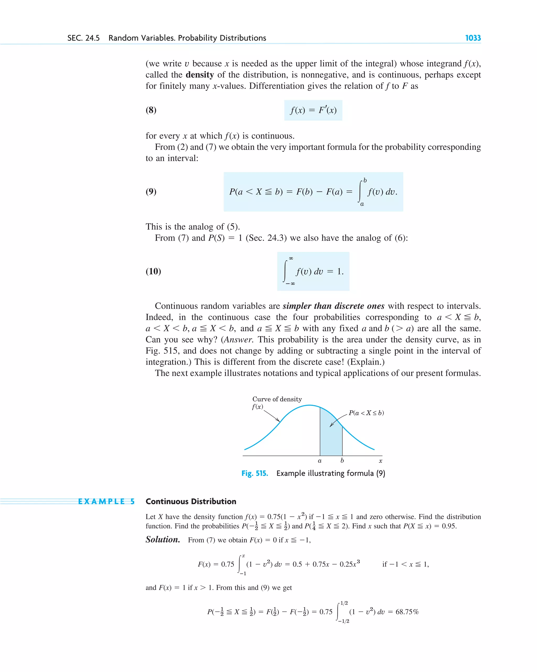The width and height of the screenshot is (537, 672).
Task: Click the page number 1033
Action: point(472,38)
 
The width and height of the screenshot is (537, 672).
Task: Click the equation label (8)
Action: point(151,110)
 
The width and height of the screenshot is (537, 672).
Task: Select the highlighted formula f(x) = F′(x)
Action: point(313,110)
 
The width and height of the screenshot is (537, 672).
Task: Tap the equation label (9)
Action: point(151,191)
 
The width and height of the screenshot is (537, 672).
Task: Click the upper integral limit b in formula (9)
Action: point(365,181)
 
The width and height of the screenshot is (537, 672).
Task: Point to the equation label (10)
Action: point(153,271)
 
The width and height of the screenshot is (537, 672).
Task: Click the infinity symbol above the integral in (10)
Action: point(291,258)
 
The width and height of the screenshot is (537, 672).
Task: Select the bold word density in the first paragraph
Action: point(200,75)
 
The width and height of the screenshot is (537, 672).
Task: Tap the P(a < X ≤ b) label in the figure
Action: point(366,413)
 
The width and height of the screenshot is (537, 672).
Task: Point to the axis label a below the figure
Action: point(320,461)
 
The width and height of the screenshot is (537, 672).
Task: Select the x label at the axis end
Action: point(380,461)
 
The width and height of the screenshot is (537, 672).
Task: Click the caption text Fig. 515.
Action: point(255,473)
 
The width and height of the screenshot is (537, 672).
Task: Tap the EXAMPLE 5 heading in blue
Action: point(106,501)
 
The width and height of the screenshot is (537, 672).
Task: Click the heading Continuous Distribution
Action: point(191,501)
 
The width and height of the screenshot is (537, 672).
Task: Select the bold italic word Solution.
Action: point(163,539)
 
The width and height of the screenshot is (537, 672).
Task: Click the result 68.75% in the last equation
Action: point(407,612)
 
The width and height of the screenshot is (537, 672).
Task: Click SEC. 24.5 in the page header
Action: point(83,38)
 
